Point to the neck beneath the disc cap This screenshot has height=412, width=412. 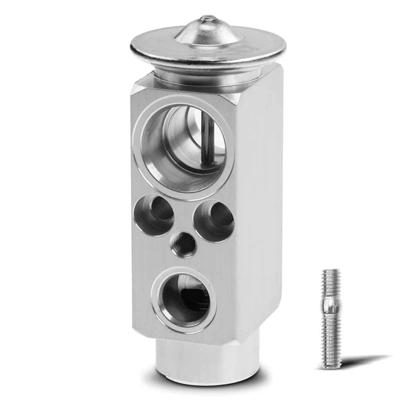206,76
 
